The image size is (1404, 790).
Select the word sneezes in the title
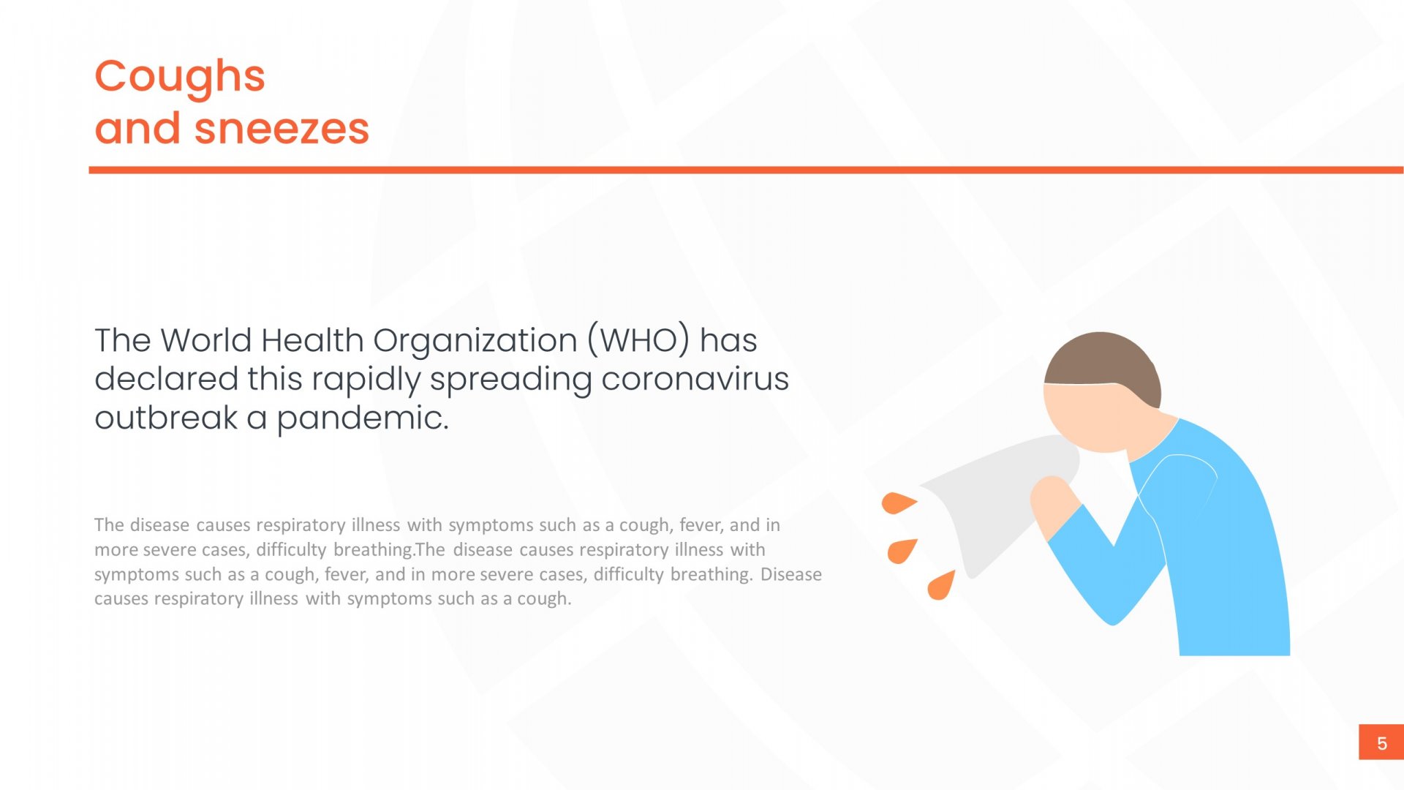tap(282, 129)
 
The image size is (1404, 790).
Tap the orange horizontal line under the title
tap(746, 170)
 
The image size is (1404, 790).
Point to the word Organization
tap(475, 342)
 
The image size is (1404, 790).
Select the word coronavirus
tap(695, 379)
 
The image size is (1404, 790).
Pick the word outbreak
tap(166, 418)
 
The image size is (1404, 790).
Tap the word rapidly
tap(366, 380)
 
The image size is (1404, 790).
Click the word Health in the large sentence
tap(312, 340)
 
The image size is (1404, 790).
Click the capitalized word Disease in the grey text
tap(791, 574)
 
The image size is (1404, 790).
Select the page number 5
tap(1381, 743)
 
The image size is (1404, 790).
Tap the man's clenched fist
tap(1053, 503)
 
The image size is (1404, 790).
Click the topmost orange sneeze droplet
tap(897, 503)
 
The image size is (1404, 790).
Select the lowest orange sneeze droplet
tap(941, 585)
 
